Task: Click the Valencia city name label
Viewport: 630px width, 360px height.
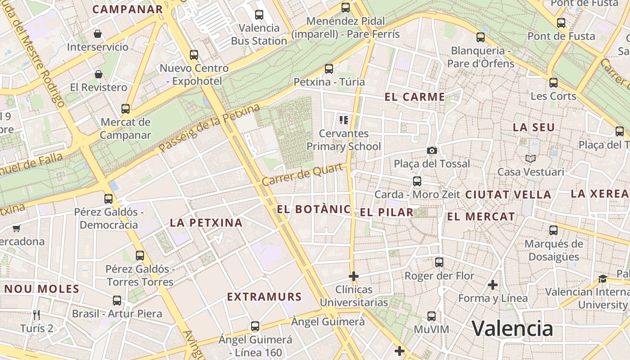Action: [x=512, y=328]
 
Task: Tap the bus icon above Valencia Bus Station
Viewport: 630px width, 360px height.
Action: [x=259, y=14]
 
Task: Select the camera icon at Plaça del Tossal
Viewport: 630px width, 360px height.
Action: [x=432, y=150]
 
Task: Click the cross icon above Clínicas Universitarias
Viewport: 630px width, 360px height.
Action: [x=354, y=276]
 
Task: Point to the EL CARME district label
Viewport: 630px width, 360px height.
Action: [x=414, y=97]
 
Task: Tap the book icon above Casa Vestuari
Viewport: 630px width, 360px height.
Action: [x=531, y=158]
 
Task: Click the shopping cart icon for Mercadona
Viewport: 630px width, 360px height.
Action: [x=17, y=228]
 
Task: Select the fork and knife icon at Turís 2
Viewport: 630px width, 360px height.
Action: [x=36, y=315]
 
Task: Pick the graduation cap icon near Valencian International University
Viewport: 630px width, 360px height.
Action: [x=603, y=279]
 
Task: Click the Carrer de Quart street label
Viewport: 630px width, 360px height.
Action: [x=305, y=175]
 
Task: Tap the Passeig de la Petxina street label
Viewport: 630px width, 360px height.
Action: [x=210, y=128]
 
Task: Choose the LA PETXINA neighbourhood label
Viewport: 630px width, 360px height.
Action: [x=206, y=222]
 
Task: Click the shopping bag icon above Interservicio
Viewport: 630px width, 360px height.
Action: [x=98, y=34]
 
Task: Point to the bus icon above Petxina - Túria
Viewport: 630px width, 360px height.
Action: [x=329, y=69]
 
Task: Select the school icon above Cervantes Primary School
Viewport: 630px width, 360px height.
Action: [x=344, y=120]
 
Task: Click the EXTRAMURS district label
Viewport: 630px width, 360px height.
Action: [x=264, y=297]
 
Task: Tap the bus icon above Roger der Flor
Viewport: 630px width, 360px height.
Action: [x=439, y=262]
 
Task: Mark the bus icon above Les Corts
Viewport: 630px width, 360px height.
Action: [x=553, y=83]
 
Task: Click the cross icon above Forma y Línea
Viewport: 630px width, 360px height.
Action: [x=493, y=284]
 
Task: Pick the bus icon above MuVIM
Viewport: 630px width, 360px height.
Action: [x=432, y=316]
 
